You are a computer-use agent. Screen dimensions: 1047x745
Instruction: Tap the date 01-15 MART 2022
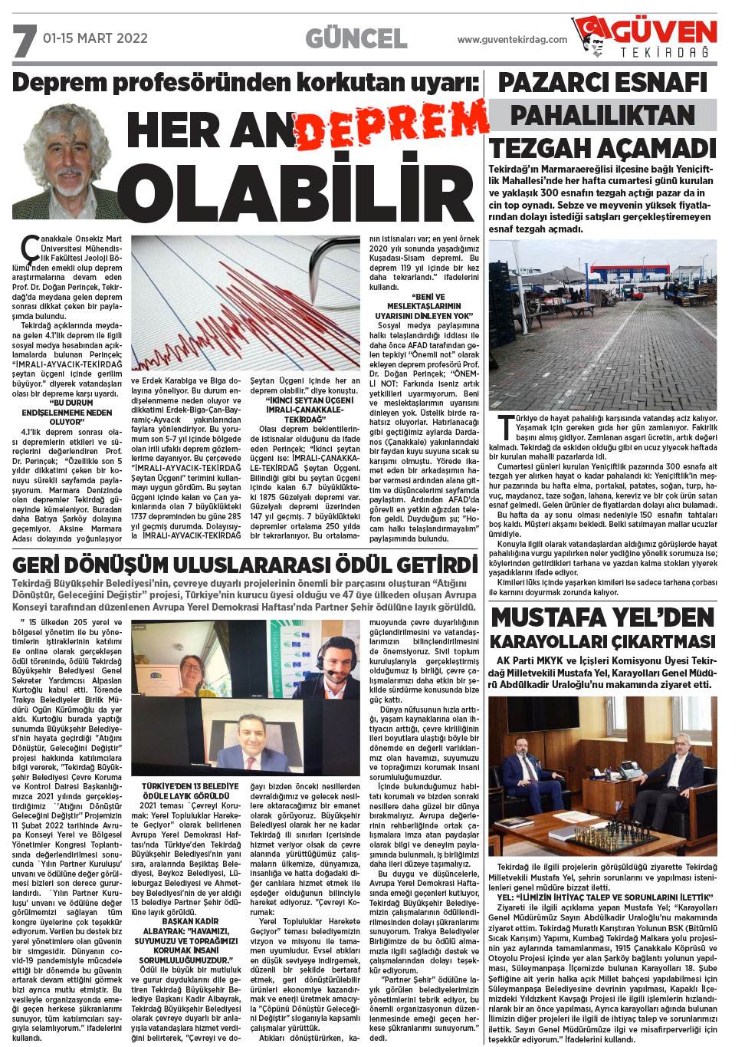(x=95, y=38)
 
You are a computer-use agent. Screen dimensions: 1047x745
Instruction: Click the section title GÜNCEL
(x=356, y=38)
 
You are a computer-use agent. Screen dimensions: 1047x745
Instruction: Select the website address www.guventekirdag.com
(x=512, y=40)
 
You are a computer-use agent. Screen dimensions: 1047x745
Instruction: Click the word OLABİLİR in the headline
(x=299, y=189)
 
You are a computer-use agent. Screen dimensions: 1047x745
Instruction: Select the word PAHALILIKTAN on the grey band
(x=602, y=115)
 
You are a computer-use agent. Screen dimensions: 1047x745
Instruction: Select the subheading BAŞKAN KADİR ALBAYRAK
(x=190, y=926)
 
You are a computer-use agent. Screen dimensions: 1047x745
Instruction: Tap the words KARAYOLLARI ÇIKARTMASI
(x=602, y=642)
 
